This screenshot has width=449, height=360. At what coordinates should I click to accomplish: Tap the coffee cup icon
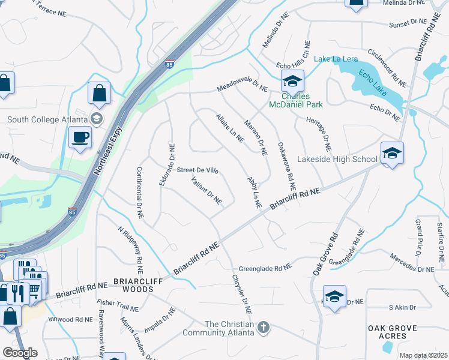tap(79, 138)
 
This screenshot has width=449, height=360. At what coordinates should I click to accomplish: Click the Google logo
tap(19, 353)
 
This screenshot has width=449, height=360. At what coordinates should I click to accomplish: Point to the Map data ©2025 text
tap(423, 355)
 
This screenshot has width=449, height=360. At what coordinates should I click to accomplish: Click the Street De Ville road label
tap(197, 170)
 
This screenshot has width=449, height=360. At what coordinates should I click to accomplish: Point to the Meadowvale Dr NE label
tap(242, 88)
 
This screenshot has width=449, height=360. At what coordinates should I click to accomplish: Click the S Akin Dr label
tap(402, 307)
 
